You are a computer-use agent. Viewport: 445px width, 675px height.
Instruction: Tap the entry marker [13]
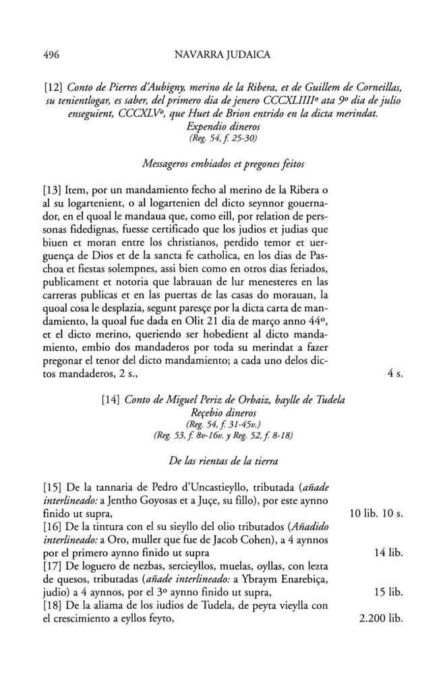coord(55,198)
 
